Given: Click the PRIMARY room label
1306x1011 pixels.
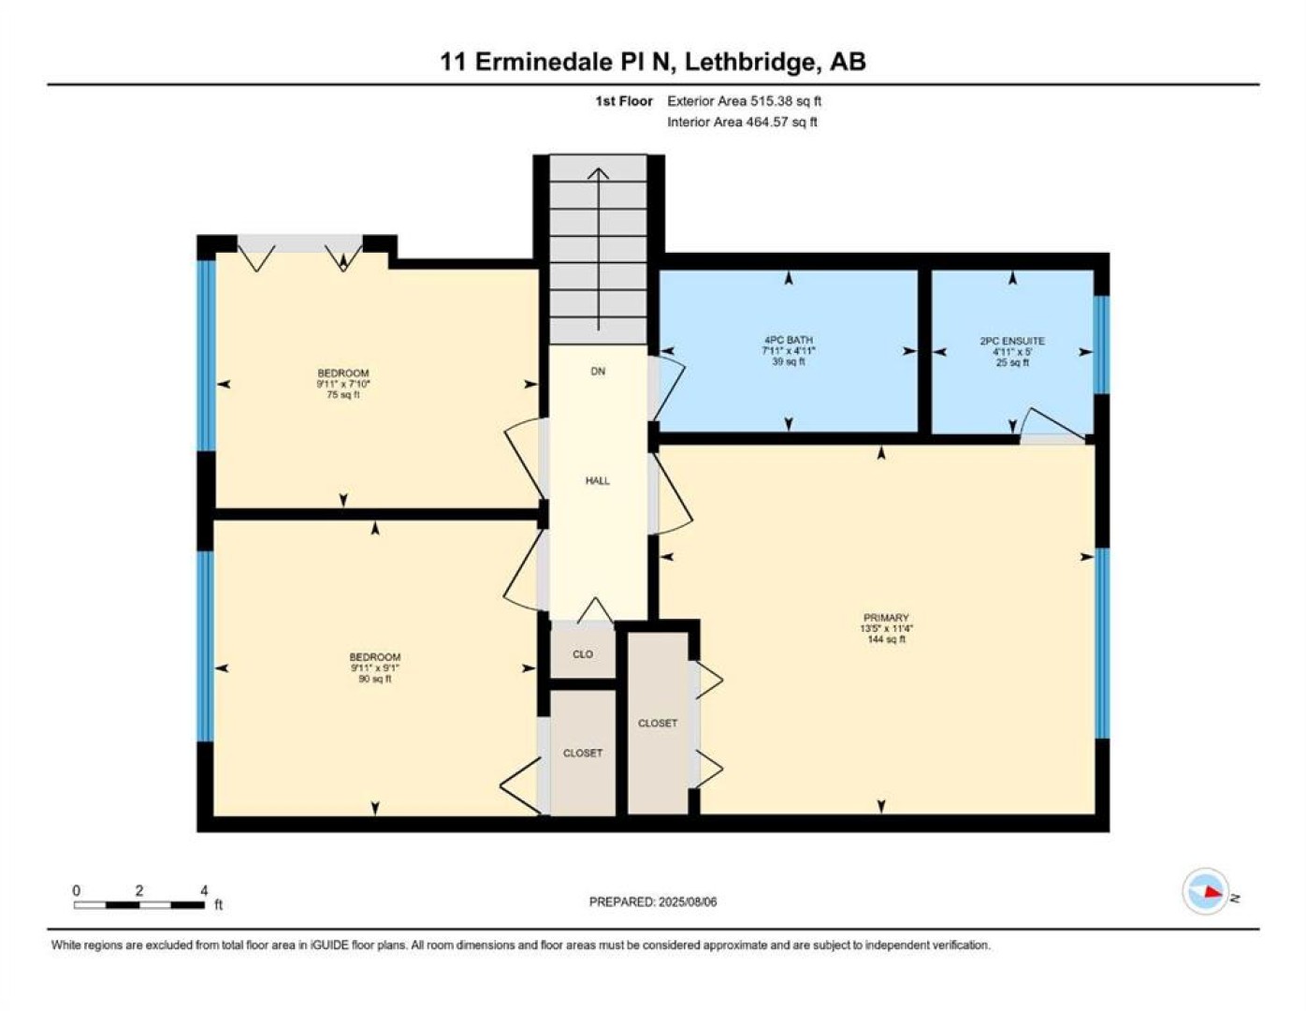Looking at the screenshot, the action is click(x=885, y=618).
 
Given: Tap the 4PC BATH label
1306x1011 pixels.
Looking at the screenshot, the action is click(x=789, y=340).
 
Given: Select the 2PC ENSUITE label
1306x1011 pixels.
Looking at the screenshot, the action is click(x=1012, y=341).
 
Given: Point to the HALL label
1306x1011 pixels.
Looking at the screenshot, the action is click(x=598, y=480).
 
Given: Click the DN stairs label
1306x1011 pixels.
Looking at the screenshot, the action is click(x=598, y=372).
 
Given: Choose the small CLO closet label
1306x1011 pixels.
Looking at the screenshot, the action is click(x=583, y=653).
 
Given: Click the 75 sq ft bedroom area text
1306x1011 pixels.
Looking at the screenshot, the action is click(x=343, y=395).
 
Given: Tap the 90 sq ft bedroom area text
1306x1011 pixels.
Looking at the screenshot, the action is click(x=375, y=679).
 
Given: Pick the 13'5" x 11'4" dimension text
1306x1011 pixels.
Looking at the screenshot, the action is click(x=885, y=628).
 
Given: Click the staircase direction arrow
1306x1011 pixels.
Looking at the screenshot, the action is click(x=598, y=249).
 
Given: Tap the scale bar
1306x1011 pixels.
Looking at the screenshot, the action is click(x=138, y=904).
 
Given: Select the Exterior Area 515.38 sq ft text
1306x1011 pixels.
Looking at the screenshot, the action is click(x=744, y=101).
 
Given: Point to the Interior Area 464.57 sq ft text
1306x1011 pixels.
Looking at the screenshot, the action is click(x=742, y=122).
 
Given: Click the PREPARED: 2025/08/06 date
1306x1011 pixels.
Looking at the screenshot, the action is click(x=653, y=902).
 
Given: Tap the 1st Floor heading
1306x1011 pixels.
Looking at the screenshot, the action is click(x=624, y=101).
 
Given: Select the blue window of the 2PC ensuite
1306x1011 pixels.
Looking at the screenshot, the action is click(x=1100, y=344).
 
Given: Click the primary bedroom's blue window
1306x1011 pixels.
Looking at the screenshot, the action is click(x=1102, y=643).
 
